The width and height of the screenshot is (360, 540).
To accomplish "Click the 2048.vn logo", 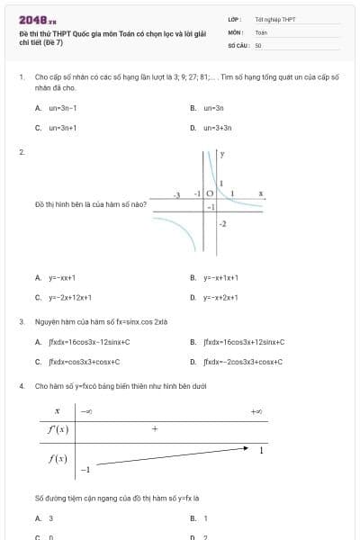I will [37, 19].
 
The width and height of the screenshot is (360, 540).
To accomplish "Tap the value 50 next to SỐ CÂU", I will [258, 44].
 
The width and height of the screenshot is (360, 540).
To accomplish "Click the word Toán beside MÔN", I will [261, 31].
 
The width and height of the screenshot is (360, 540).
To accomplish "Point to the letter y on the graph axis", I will [222, 156].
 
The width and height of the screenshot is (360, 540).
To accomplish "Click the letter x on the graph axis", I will [260, 193].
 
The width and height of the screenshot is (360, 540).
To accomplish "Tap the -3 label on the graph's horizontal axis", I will [177, 194].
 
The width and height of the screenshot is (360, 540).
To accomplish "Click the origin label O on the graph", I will [210, 194].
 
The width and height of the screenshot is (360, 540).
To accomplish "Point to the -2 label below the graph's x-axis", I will [222, 222].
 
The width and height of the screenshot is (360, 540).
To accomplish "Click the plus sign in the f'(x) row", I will [155, 429].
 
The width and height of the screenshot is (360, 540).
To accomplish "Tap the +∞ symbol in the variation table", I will [256, 411].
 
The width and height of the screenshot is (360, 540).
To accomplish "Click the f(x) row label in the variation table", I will [58, 459].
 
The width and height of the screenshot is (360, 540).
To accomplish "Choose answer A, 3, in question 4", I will [50, 518].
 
